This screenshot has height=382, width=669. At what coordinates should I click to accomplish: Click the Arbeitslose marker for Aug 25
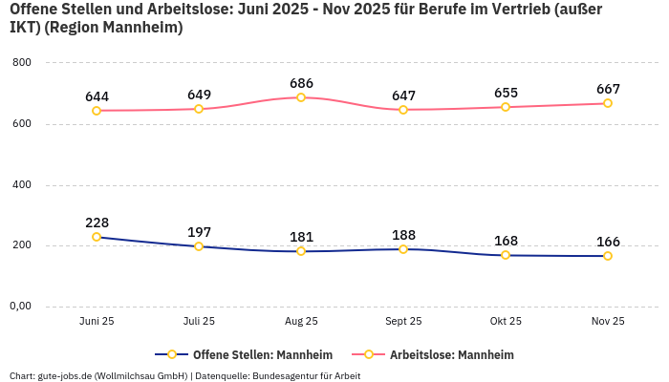[301, 97]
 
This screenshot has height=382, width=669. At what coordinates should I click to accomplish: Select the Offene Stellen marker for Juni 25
[97, 237]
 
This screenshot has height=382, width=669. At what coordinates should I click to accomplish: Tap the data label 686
[301, 83]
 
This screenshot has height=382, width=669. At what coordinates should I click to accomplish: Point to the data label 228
[97, 223]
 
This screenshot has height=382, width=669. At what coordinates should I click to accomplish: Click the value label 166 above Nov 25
[608, 242]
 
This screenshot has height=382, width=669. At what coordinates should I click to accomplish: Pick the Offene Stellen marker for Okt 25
[506, 255]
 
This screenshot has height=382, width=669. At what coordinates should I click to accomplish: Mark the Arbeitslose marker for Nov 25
[608, 103]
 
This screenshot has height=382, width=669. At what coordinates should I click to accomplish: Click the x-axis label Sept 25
[403, 322]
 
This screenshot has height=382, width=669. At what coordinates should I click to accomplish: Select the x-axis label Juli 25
[199, 322]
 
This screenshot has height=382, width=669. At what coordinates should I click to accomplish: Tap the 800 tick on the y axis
[22, 63]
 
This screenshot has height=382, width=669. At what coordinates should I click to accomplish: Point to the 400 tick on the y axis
[22, 185]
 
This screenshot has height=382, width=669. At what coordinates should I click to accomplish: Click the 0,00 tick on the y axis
[20, 307]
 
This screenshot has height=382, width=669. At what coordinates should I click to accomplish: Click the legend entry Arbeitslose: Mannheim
[450, 354]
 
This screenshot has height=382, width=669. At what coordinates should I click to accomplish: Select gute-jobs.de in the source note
[64, 375]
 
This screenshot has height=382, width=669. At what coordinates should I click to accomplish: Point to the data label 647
[403, 95]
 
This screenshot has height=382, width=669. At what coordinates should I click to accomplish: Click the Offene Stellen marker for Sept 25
[403, 249]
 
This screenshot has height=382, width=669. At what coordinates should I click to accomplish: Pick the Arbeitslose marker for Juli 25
[199, 109]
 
